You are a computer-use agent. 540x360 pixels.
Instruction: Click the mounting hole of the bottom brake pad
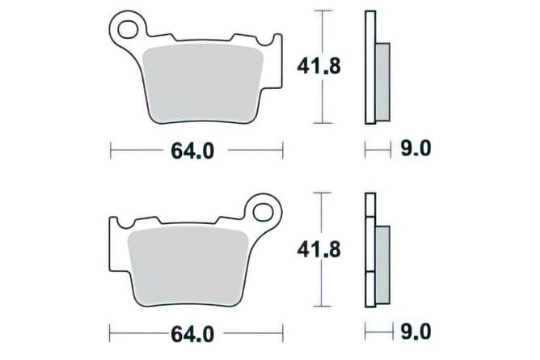pos(264,213)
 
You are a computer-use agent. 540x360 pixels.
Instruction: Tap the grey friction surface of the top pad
pos(206,85)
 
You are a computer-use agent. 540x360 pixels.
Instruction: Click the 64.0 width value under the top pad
pos(192,150)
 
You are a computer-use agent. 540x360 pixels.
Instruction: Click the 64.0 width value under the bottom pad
pos(192,332)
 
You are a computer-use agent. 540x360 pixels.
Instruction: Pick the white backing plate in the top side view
pos(370,68)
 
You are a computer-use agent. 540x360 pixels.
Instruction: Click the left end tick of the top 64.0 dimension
pos(110,150)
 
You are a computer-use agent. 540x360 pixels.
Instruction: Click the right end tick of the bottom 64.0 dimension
pos(283,332)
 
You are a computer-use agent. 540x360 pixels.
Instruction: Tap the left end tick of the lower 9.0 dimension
pos(365,332)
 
